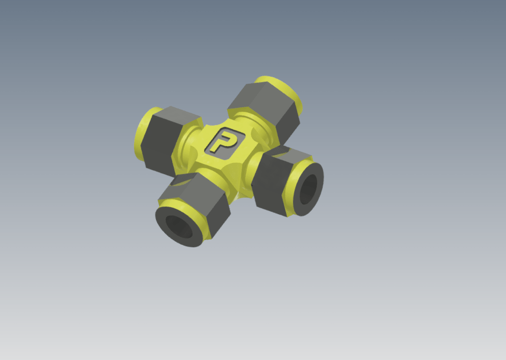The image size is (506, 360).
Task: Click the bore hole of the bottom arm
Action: point(179,227)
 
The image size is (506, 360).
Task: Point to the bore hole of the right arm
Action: point(308,189)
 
